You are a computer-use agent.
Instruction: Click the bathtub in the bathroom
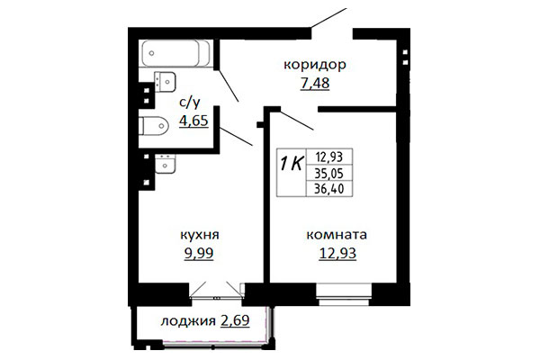tap(176, 53)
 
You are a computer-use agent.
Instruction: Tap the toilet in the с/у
tap(154, 126)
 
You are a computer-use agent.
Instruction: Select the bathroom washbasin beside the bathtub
tap(165, 82)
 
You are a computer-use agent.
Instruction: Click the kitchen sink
tap(166, 164)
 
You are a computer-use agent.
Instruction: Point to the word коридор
tap(315, 65)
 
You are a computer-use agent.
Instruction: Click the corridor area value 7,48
tap(315, 83)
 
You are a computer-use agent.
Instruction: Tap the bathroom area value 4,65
tap(193, 121)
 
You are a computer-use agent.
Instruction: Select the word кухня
tap(200, 235)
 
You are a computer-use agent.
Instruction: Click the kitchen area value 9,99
tap(199, 253)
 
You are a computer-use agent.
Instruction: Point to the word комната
tap(337, 235)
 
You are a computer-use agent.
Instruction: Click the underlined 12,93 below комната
tap(337, 253)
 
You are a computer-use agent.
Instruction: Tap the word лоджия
tap(188, 321)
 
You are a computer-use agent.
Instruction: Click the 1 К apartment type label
tap(292, 164)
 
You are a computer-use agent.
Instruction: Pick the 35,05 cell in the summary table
tap(329, 174)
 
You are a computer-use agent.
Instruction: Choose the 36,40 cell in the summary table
tap(329, 188)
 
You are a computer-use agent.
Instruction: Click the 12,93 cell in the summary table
tap(329, 157)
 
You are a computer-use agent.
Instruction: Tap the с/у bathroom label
tap(190, 103)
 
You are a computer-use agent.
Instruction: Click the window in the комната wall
tap(344, 294)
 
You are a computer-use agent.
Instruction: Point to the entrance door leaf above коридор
tap(328, 18)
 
